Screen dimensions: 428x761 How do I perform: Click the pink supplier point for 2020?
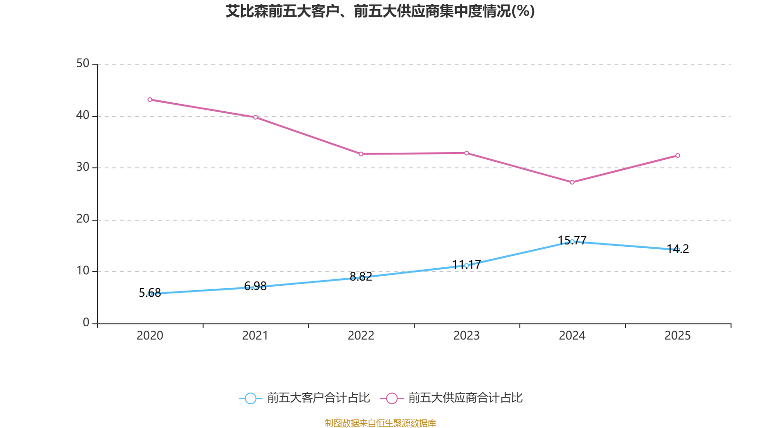150,100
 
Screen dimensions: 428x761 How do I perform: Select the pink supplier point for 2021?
255,117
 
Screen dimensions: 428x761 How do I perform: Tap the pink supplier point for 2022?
361,154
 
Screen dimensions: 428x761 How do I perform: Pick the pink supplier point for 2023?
467,153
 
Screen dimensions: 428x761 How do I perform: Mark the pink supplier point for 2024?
572,182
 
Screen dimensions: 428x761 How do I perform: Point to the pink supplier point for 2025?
678,156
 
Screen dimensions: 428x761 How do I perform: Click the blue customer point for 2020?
150,294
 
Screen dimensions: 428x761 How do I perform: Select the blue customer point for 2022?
361,278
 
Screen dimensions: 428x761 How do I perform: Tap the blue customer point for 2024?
572,242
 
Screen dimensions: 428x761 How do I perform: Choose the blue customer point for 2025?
678,250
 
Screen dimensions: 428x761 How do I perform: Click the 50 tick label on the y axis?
83,64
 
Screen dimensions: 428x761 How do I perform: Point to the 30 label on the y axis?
83,167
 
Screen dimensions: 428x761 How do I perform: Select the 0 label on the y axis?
86,323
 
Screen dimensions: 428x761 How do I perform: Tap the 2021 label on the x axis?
255,336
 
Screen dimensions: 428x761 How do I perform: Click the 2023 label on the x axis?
467,336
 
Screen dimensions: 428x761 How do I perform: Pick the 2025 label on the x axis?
678,336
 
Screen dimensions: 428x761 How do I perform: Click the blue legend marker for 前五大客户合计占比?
251,399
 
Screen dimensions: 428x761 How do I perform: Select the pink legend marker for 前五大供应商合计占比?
392,399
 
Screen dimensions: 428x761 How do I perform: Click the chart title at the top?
380,11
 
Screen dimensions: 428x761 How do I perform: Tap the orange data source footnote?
380,423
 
